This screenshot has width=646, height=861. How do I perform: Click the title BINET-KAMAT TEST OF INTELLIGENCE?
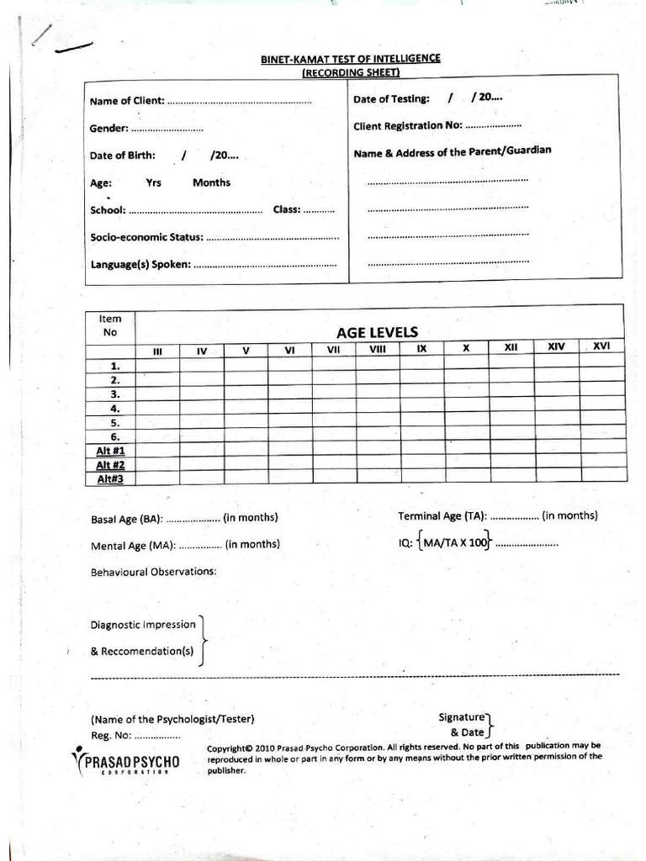point(350,59)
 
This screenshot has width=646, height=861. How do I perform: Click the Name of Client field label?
point(127,102)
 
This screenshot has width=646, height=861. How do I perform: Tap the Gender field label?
point(109,129)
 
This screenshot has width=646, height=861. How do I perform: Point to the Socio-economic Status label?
point(146,238)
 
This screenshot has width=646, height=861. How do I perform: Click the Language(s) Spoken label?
point(140,265)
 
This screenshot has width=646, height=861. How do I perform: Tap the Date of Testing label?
point(391,99)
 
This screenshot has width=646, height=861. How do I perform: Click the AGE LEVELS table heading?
point(377,332)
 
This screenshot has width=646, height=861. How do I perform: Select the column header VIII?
point(378,349)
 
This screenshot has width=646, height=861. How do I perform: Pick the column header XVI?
point(601,346)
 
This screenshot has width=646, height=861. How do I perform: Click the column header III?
point(156,351)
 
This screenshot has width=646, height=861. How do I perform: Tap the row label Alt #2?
point(110,465)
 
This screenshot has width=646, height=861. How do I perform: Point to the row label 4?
point(115,409)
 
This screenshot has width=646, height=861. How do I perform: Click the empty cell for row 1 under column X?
point(466,365)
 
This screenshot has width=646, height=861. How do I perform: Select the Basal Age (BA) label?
point(127,520)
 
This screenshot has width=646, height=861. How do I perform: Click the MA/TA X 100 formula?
point(455,543)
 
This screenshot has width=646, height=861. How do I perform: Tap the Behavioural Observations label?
point(153,572)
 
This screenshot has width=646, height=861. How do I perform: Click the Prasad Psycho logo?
point(126,763)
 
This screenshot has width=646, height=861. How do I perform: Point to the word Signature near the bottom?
point(461,717)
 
